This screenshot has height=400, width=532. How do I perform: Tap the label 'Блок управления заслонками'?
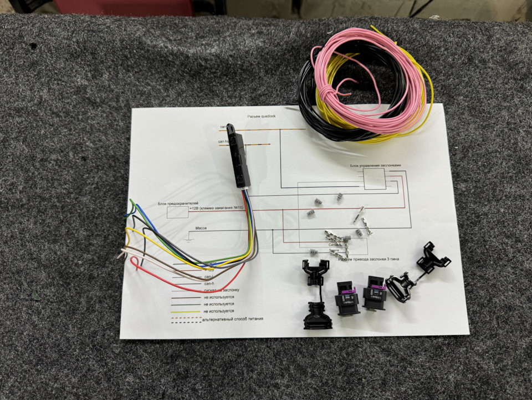[375, 165]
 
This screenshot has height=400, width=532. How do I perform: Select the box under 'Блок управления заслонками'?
[374, 179]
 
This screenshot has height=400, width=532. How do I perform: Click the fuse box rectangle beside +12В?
[177, 211]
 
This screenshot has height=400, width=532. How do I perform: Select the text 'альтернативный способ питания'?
[232, 319]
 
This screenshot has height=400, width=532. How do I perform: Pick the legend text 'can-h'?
[209, 283]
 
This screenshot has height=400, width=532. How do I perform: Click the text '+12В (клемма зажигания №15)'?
[216, 207]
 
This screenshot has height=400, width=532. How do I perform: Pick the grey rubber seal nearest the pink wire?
[339, 197]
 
